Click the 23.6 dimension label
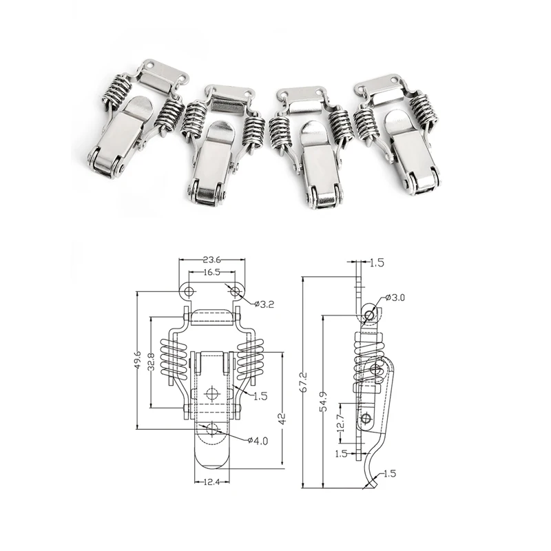(211, 260)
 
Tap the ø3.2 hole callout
(264, 304)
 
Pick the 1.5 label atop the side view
(377, 262)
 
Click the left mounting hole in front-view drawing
(189, 293)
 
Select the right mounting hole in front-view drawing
(236, 293)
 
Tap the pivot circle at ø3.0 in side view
(371, 315)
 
